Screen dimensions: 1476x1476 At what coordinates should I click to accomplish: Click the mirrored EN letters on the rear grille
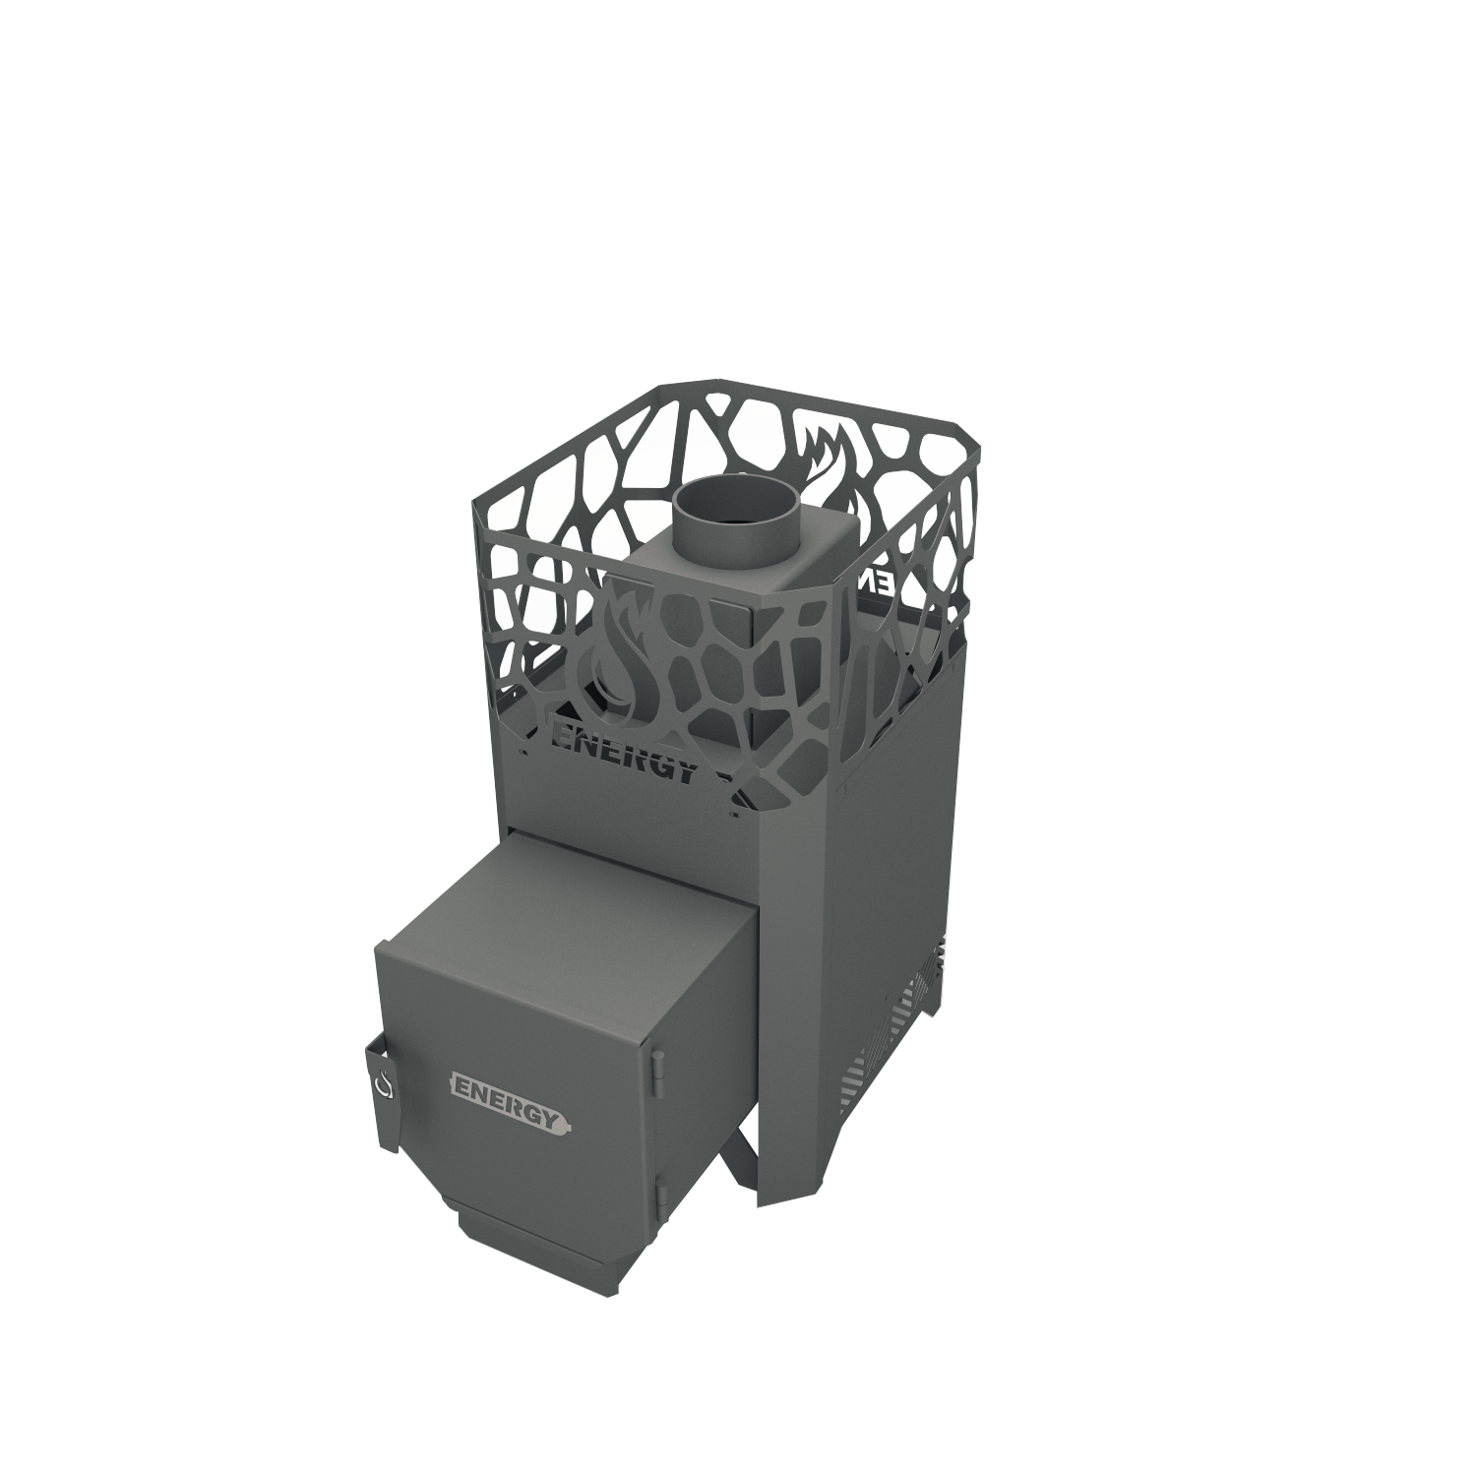point(876,582)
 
